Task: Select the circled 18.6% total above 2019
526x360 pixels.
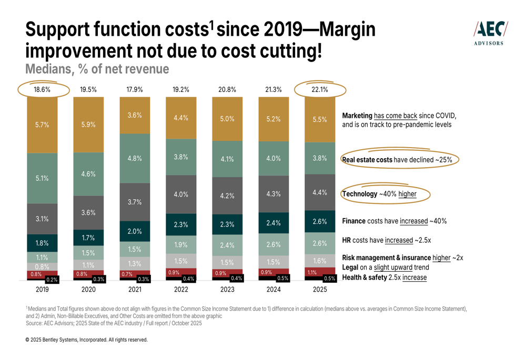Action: pyautogui.click(x=42, y=90)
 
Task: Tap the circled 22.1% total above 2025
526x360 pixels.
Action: pyautogui.click(x=319, y=90)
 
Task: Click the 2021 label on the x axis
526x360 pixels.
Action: pyautogui.click(x=135, y=289)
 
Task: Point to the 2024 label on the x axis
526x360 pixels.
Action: pyautogui.click(x=273, y=289)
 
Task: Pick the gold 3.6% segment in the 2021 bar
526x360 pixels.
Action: pyautogui.click(x=135, y=115)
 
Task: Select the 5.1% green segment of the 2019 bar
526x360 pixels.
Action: pyautogui.click(x=42, y=178)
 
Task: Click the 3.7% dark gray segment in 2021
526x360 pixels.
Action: pyautogui.click(x=135, y=202)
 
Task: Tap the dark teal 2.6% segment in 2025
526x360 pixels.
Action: pyautogui.click(x=319, y=221)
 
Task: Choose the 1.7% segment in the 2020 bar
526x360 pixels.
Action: pyautogui.click(x=88, y=238)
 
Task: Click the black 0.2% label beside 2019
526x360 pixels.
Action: pyautogui.click(x=52, y=280)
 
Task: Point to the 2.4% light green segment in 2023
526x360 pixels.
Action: pyautogui.click(x=227, y=244)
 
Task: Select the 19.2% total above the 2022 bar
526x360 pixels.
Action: pyautogui.click(x=180, y=90)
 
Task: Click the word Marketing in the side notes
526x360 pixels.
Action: pyautogui.click(x=357, y=116)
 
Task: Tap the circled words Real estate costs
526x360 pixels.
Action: pyautogui.click(x=367, y=160)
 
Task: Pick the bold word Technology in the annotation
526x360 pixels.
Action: pyautogui.click(x=360, y=194)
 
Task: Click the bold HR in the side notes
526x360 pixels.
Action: pyautogui.click(x=347, y=240)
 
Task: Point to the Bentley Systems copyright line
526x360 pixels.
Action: pyautogui.click(x=87, y=340)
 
